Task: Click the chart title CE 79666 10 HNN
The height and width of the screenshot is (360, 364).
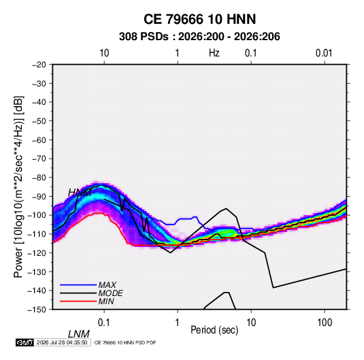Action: click(x=199, y=19)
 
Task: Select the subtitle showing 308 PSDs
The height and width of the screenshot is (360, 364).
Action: click(x=199, y=37)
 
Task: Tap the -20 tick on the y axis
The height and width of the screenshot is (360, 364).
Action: click(x=39, y=65)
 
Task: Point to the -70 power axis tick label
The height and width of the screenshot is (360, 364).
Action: click(x=39, y=159)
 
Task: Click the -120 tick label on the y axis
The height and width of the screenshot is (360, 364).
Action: click(x=37, y=253)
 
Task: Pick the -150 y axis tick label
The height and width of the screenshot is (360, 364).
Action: click(x=37, y=310)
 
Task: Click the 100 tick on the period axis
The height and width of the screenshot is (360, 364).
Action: click(x=325, y=323)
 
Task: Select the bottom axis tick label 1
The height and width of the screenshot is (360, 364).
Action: click(x=178, y=323)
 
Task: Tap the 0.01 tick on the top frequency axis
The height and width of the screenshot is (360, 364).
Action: click(x=324, y=53)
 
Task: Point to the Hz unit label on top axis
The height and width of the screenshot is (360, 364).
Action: click(x=214, y=53)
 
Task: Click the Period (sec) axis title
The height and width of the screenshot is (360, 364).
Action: click(x=214, y=330)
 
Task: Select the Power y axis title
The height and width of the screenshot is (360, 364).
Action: click(x=18, y=187)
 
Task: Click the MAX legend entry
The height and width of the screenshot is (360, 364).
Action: click(x=107, y=285)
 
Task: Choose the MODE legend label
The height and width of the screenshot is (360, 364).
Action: click(x=110, y=293)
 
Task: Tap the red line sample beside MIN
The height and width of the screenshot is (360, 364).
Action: click(x=78, y=301)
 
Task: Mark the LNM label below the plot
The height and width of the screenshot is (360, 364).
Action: click(x=79, y=334)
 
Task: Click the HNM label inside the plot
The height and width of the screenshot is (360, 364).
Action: click(x=80, y=193)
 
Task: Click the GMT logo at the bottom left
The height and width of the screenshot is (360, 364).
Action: click(x=25, y=342)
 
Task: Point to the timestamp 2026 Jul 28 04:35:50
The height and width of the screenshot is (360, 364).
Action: click(x=62, y=342)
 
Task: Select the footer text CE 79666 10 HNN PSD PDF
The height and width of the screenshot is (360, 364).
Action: click(x=125, y=342)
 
